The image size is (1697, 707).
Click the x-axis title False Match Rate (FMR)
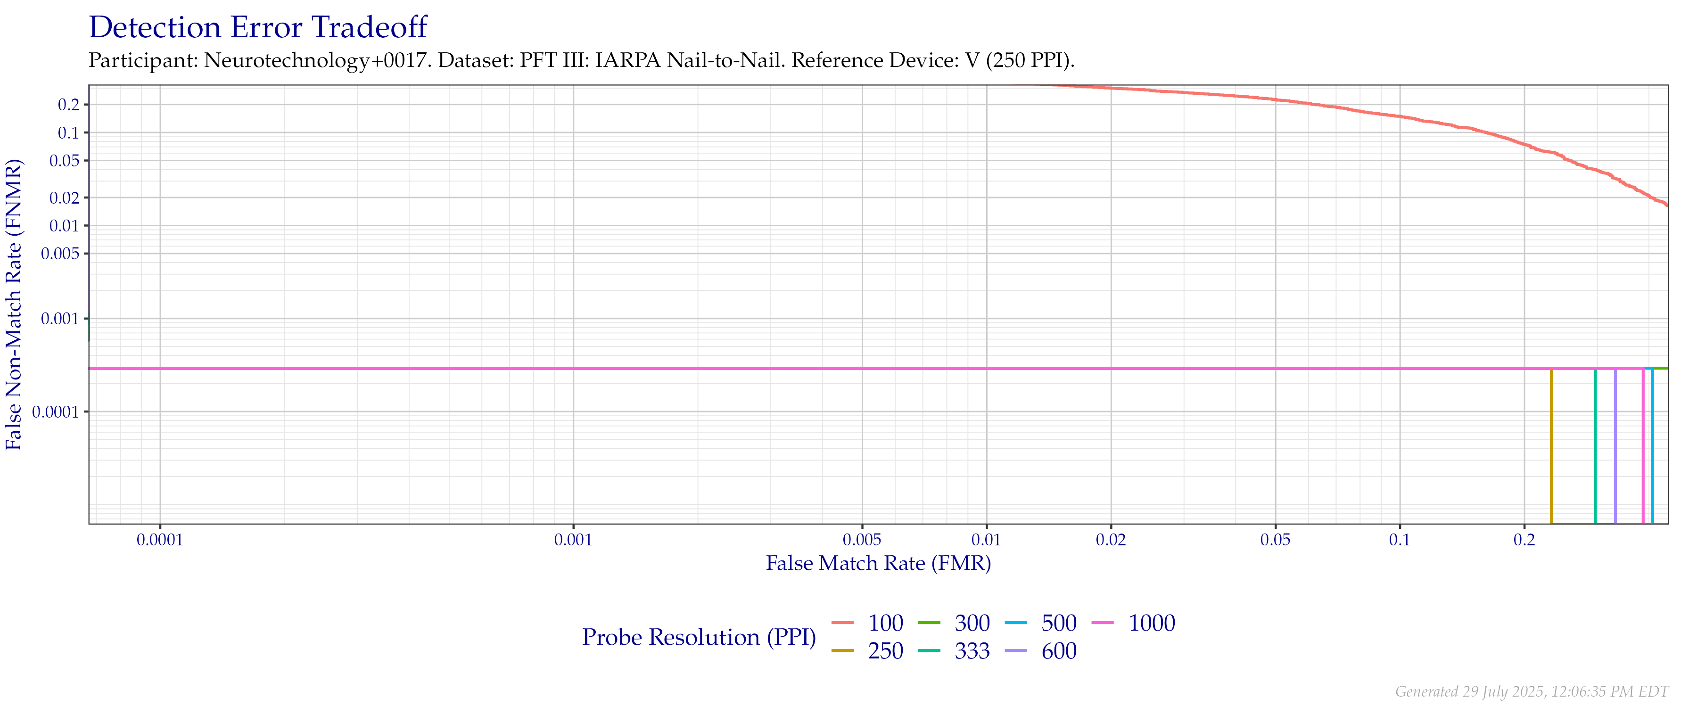click(878, 563)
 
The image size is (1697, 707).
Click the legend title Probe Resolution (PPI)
click(699, 637)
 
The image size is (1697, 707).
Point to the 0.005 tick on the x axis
click(862, 540)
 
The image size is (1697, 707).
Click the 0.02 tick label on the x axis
click(1111, 540)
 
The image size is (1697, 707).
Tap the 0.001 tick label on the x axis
click(573, 540)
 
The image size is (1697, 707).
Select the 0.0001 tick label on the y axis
click(59, 412)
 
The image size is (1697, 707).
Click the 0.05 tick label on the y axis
click(64, 161)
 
